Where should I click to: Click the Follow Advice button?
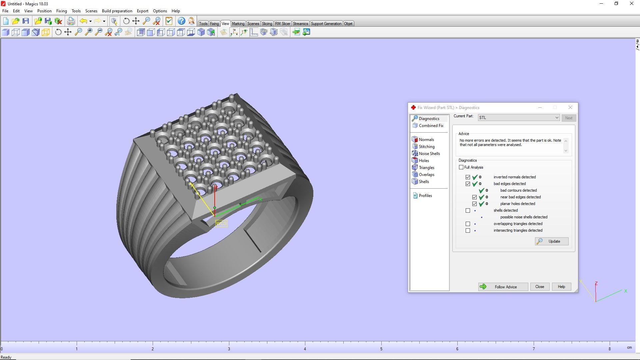pyautogui.click(x=503, y=287)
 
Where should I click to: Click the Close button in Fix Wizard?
pyautogui.click(x=539, y=287)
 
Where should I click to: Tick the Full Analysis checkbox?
pyautogui.click(x=461, y=167)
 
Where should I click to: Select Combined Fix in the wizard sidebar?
pyautogui.click(x=431, y=126)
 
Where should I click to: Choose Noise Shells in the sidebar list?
pyautogui.click(x=429, y=154)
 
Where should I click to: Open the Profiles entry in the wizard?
pyautogui.click(x=425, y=196)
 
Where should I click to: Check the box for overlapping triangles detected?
pyautogui.click(x=468, y=224)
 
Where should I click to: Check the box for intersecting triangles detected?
pyautogui.click(x=468, y=231)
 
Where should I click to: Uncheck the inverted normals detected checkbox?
pyautogui.click(x=468, y=177)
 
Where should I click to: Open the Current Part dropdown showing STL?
pyautogui.click(x=556, y=118)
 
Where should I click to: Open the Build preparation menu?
pyautogui.click(x=117, y=11)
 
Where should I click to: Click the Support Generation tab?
pyautogui.click(x=326, y=24)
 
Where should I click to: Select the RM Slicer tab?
pyautogui.click(x=282, y=24)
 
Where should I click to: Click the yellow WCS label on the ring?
pyautogui.click(x=221, y=223)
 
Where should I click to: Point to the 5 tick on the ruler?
pyautogui.click(x=381, y=343)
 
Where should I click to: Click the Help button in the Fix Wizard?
pyautogui.click(x=561, y=287)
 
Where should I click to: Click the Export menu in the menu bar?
pyautogui.click(x=142, y=11)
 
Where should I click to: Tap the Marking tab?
pyautogui.click(x=238, y=24)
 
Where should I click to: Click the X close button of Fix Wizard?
pyautogui.click(x=570, y=107)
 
